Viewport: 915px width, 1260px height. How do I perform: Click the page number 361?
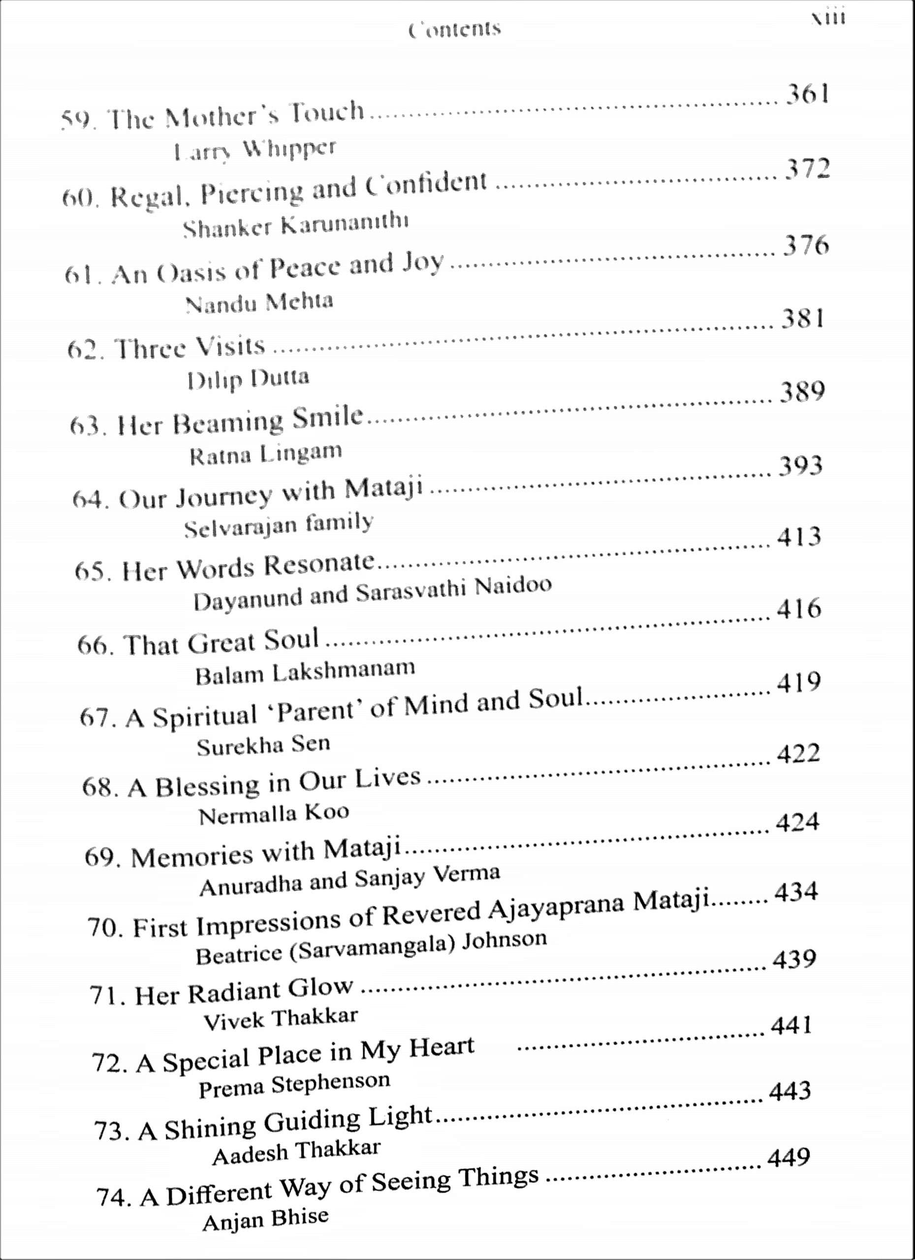tap(807, 94)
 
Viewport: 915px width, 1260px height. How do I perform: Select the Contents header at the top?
tap(454, 29)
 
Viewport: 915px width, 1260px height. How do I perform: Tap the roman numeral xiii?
tap(828, 18)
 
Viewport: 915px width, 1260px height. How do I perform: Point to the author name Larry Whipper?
tap(254, 150)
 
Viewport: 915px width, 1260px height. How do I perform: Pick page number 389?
tap(802, 392)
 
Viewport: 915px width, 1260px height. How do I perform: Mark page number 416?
tap(798, 608)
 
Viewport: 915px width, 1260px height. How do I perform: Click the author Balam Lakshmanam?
tap(305, 672)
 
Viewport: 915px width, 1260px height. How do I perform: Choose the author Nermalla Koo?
tap(274, 815)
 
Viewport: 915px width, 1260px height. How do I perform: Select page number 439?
tap(794, 959)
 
